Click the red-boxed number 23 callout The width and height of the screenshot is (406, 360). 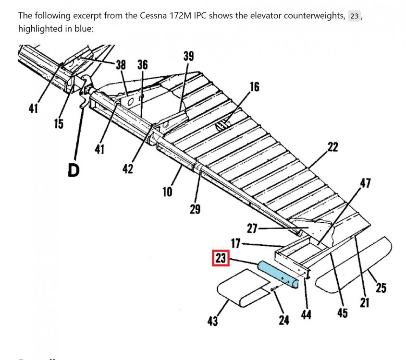coord(221,259)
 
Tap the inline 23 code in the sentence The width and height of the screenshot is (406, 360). coord(354,16)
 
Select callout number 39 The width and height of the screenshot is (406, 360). coord(188,56)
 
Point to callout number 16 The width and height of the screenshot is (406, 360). coord(254,87)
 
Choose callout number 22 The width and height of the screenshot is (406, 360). coord(332,147)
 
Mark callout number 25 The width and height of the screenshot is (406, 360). coord(381,288)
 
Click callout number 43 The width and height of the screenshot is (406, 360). coord(212,321)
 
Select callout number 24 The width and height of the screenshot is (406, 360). coord(284,319)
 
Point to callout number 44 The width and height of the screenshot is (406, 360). coord(306,314)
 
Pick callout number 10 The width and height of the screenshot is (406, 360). coord(167,192)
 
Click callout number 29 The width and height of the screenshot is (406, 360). coord(195,209)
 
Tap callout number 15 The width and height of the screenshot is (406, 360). coord(59,124)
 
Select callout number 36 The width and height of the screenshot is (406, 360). coord(143,65)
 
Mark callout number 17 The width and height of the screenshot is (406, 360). coord(235,244)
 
